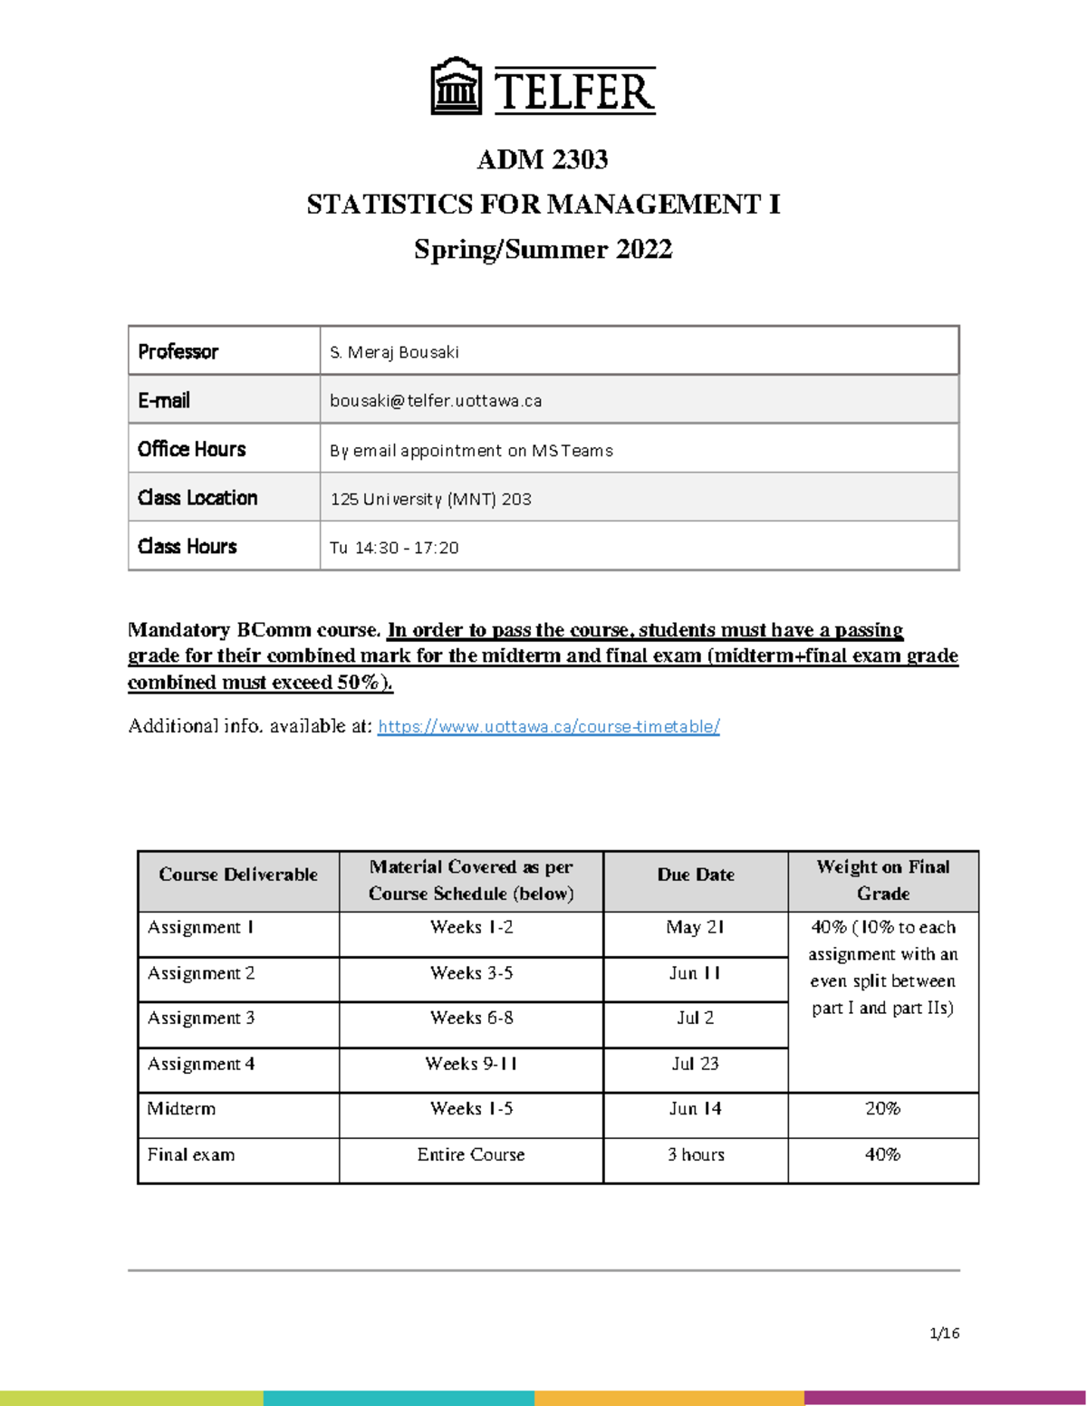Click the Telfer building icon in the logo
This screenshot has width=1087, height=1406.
pos(456,86)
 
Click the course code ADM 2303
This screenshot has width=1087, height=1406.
pos(543,159)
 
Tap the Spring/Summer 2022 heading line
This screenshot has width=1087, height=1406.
pos(543,249)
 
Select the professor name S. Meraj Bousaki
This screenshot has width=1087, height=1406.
pos(394,352)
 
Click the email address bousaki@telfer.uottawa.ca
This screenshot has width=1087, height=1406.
pos(436,400)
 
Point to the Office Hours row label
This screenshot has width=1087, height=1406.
pos(192,449)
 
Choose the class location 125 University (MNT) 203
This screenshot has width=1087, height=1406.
pos(430,499)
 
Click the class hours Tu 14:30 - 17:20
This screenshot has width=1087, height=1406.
pos(394,548)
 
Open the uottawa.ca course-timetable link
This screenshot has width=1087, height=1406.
pos(548,726)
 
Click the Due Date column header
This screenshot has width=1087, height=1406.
pos(695,875)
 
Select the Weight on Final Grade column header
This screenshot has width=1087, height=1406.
pos(882,880)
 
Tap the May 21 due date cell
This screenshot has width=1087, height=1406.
pos(695,927)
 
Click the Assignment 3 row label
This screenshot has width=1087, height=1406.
pos(201,1018)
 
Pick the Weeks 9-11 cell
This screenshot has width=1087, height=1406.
pos(471,1064)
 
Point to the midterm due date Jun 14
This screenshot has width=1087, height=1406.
pos(695,1109)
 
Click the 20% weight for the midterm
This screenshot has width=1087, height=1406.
pos(882,1109)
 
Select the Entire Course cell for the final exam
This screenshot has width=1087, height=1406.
pos(471,1155)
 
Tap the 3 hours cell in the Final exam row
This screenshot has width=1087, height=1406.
pos(695,1155)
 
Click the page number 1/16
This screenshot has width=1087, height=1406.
pos(944,1333)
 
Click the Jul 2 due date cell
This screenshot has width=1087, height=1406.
pos(695,1018)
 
